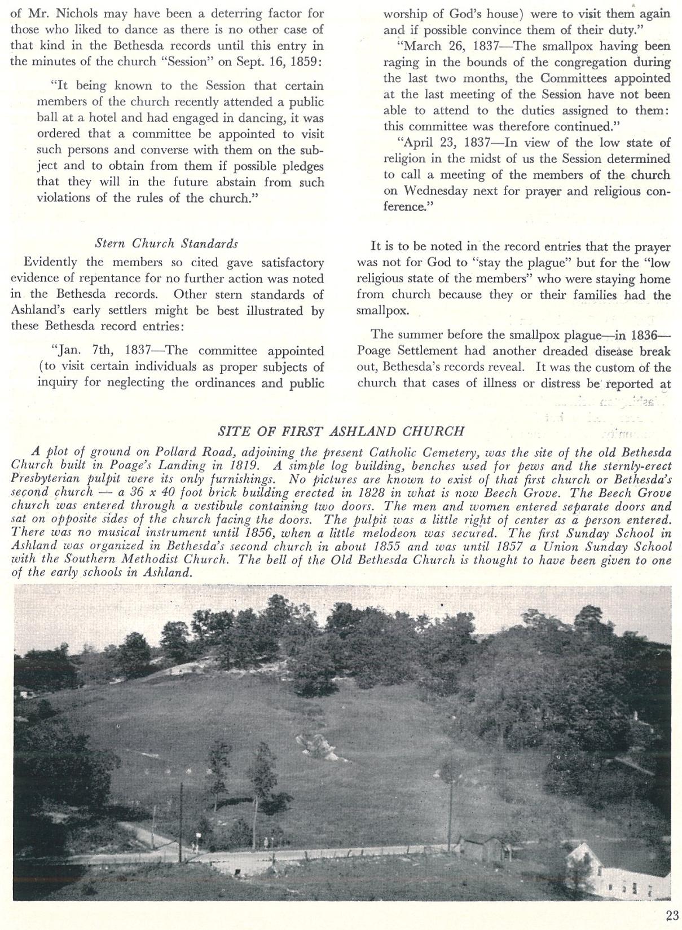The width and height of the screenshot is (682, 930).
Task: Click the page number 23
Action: pos(671,915)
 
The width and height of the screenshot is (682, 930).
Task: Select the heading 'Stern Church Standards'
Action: pos(166,244)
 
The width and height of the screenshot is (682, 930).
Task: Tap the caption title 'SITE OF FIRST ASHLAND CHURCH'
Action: pos(341,431)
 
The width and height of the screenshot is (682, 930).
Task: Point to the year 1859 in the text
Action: pos(306,61)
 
